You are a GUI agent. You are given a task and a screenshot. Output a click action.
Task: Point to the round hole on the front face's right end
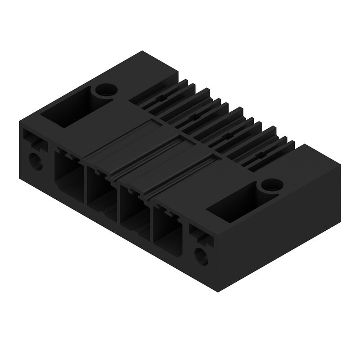201,257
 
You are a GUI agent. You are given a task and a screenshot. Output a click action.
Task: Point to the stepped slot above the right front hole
200,235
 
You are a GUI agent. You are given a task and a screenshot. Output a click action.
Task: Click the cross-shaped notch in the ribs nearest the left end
161,98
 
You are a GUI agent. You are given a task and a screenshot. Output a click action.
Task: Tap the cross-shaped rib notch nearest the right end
260,155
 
